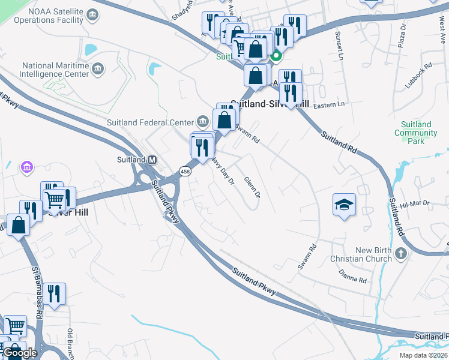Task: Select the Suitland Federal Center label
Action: pos(151,123)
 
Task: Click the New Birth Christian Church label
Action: pos(361,254)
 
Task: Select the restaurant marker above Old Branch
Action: pos(55,293)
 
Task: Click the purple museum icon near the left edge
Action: pos(26,166)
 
